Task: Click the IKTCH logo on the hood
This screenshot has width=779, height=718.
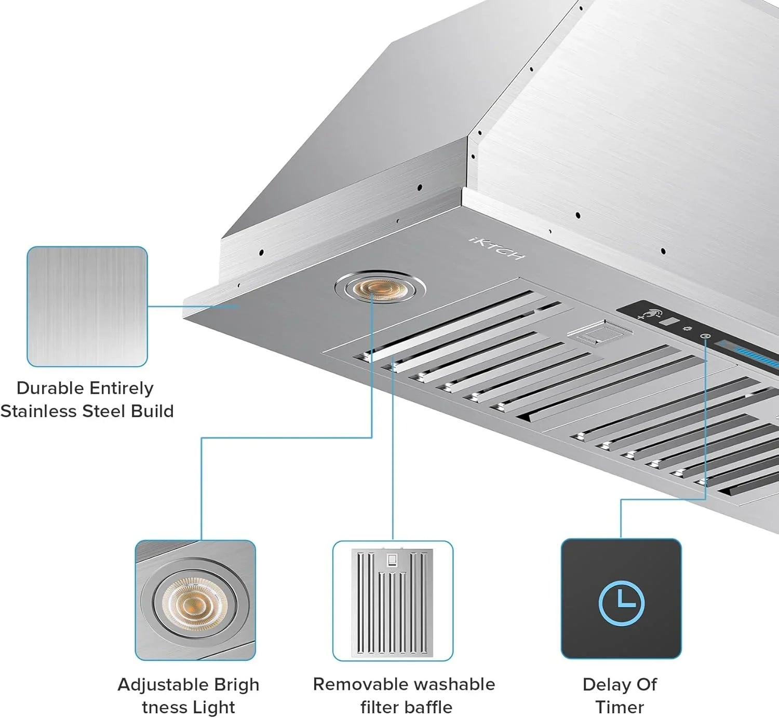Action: [497, 248]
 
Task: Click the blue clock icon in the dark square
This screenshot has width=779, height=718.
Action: [621, 603]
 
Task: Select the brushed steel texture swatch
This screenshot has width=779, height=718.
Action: [87, 306]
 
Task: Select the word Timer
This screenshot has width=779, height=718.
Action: [620, 707]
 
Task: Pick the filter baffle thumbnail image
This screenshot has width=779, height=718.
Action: [393, 601]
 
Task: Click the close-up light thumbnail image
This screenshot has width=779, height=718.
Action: [195, 600]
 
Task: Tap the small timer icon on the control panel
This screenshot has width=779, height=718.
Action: [705, 337]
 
